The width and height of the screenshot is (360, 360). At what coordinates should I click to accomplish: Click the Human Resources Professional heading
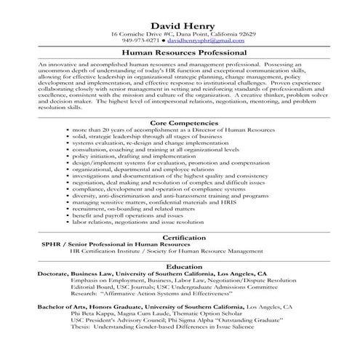(179, 53)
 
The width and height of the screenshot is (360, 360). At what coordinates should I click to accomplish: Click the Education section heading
(179, 266)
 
